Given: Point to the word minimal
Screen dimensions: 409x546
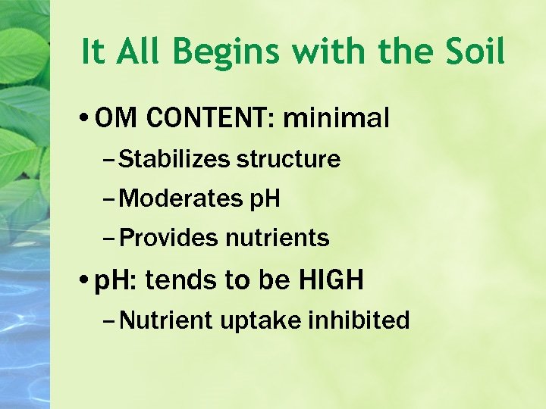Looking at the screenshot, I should click(335, 118).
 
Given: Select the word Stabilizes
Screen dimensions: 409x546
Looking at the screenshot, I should click(174, 160).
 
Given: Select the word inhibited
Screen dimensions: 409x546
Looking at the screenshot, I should click(359, 320).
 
